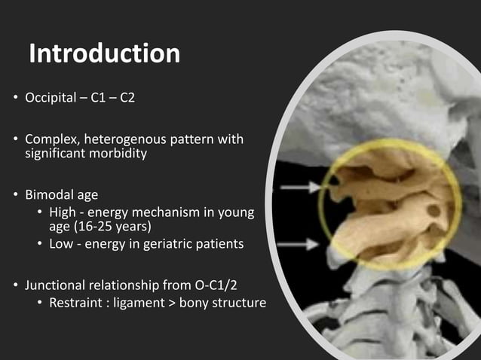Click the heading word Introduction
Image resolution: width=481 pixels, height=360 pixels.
(x=104, y=54)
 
